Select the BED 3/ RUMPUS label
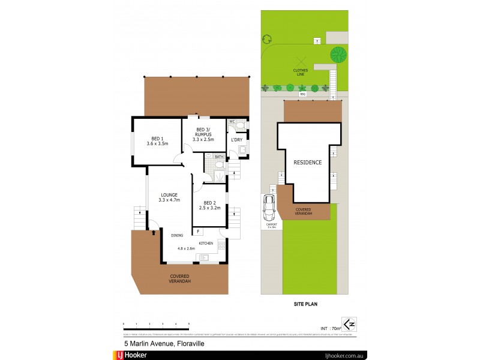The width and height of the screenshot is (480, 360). (x=203, y=134)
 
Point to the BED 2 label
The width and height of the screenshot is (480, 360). (x=209, y=205)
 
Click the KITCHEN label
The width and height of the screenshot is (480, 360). (x=206, y=242)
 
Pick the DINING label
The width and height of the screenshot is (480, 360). (x=177, y=235)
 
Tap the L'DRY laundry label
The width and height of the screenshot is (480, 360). (x=236, y=140)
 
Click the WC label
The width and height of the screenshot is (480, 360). (x=232, y=122)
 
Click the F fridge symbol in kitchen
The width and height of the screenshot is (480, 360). (x=199, y=231)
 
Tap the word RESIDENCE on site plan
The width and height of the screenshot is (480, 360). (x=308, y=163)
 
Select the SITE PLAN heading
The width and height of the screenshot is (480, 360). (x=305, y=304)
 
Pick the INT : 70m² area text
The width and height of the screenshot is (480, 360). (x=330, y=328)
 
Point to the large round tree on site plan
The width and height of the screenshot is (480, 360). (x=340, y=55)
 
